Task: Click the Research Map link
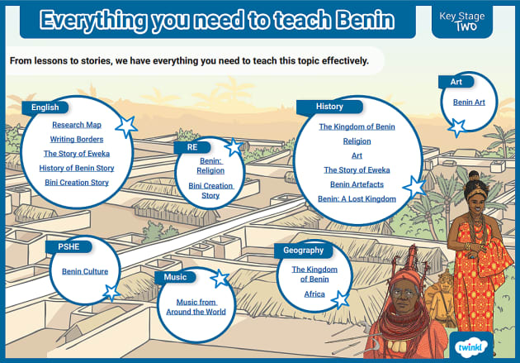[77, 125]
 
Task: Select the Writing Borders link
[77, 139]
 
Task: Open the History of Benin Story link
[77, 168]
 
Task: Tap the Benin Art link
[468, 102]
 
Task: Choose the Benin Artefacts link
[357, 184]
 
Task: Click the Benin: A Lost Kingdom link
[357, 198]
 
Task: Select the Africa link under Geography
[314, 294]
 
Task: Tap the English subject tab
[45, 107]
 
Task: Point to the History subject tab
[329, 107]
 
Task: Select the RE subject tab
[192, 146]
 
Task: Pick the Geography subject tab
[305, 250]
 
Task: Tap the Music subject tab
[175, 277]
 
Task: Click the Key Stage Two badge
[462, 21]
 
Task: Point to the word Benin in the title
[357, 20]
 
